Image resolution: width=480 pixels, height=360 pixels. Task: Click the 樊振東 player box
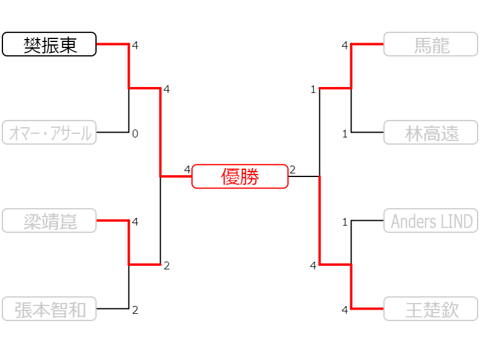point(49,44)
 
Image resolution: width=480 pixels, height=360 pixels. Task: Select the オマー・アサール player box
point(49,132)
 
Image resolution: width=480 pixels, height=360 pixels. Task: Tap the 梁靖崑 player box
point(49,220)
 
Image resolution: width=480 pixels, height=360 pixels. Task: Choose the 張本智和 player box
point(49,308)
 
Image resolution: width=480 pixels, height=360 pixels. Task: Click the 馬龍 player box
point(431,44)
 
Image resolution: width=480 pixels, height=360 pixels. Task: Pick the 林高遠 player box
point(431,132)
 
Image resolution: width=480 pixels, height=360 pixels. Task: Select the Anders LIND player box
point(431,220)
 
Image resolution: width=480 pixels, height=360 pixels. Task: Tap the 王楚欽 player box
point(431,308)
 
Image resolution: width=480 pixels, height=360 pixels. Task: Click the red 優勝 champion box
point(240,176)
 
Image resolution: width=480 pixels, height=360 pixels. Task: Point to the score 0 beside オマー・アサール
point(135,134)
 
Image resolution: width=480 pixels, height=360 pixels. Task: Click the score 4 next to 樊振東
point(135,46)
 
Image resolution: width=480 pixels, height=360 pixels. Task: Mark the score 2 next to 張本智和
point(135,310)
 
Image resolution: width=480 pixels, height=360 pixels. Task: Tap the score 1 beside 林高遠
point(345,134)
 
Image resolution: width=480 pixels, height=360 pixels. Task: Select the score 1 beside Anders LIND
point(345,222)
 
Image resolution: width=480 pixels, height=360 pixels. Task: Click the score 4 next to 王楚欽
point(345,310)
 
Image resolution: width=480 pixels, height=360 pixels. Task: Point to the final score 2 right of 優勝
point(293,169)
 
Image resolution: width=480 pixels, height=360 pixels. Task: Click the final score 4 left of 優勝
point(187,169)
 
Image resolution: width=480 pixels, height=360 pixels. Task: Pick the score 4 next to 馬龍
point(345,46)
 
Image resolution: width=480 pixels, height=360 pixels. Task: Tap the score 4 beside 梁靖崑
point(135,222)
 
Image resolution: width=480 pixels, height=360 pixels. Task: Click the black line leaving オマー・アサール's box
point(113,132)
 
